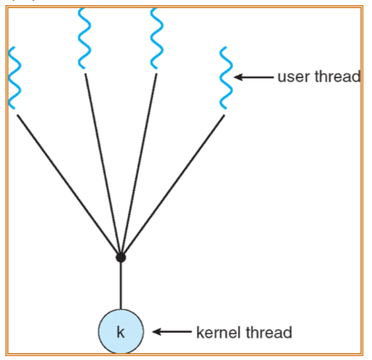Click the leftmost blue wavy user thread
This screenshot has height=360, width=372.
pos(14,78)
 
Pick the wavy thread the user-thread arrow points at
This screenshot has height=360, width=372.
pos(225,78)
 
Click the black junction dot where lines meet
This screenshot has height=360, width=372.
pos(121,257)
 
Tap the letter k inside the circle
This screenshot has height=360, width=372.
pos(121,332)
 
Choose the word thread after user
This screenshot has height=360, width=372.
pos(338,78)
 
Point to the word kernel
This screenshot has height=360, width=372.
pos(220,332)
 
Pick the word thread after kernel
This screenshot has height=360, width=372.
pos(270,332)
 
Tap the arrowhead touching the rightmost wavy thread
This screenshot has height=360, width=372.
pos(239,78)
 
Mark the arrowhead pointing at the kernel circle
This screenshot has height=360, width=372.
pos(155,332)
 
